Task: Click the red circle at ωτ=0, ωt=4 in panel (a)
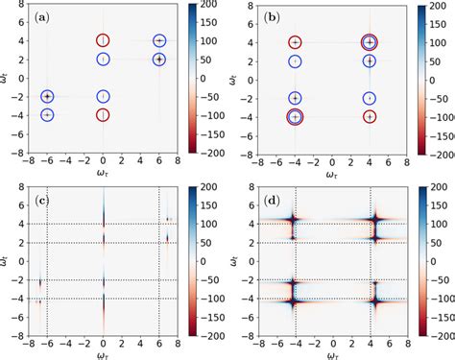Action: (104, 41)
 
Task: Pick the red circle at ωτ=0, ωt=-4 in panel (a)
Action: (104, 114)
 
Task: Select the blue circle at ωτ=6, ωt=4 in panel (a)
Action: (159, 41)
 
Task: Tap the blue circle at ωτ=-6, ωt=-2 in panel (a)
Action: (47, 96)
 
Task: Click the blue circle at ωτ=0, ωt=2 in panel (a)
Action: (104, 60)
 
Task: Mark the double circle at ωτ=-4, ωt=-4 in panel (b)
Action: (296, 115)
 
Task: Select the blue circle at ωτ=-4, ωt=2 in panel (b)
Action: (296, 60)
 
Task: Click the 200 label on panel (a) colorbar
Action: (208, 7)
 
